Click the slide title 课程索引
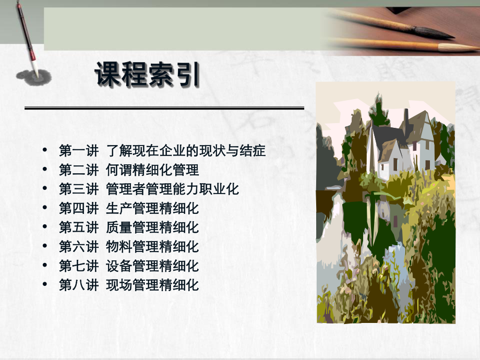coord(147,75)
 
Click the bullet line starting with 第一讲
coord(162,151)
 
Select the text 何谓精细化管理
coord(152,170)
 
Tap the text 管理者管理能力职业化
coord(172,189)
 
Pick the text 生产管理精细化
coord(152,208)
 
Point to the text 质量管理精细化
coord(152,227)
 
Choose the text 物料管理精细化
coord(152,246)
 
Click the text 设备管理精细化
coord(152,266)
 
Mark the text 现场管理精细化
coord(152,285)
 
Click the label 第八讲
coord(78,285)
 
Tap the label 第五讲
coord(78,227)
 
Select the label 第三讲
coord(78,189)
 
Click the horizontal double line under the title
coord(164,108)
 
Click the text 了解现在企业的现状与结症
coord(186,151)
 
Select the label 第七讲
coord(78,266)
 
